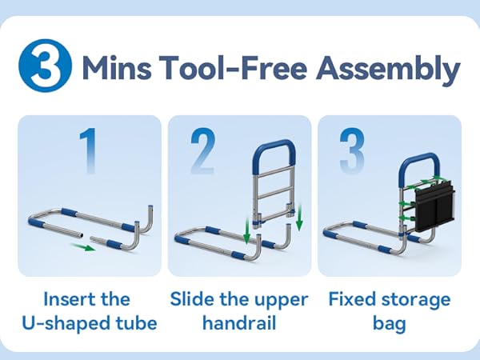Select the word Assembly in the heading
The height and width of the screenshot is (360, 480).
(x=387, y=70)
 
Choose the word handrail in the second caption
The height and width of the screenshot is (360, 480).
(x=238, y=325)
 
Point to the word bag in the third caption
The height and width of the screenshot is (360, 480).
(x=389, y=325)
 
